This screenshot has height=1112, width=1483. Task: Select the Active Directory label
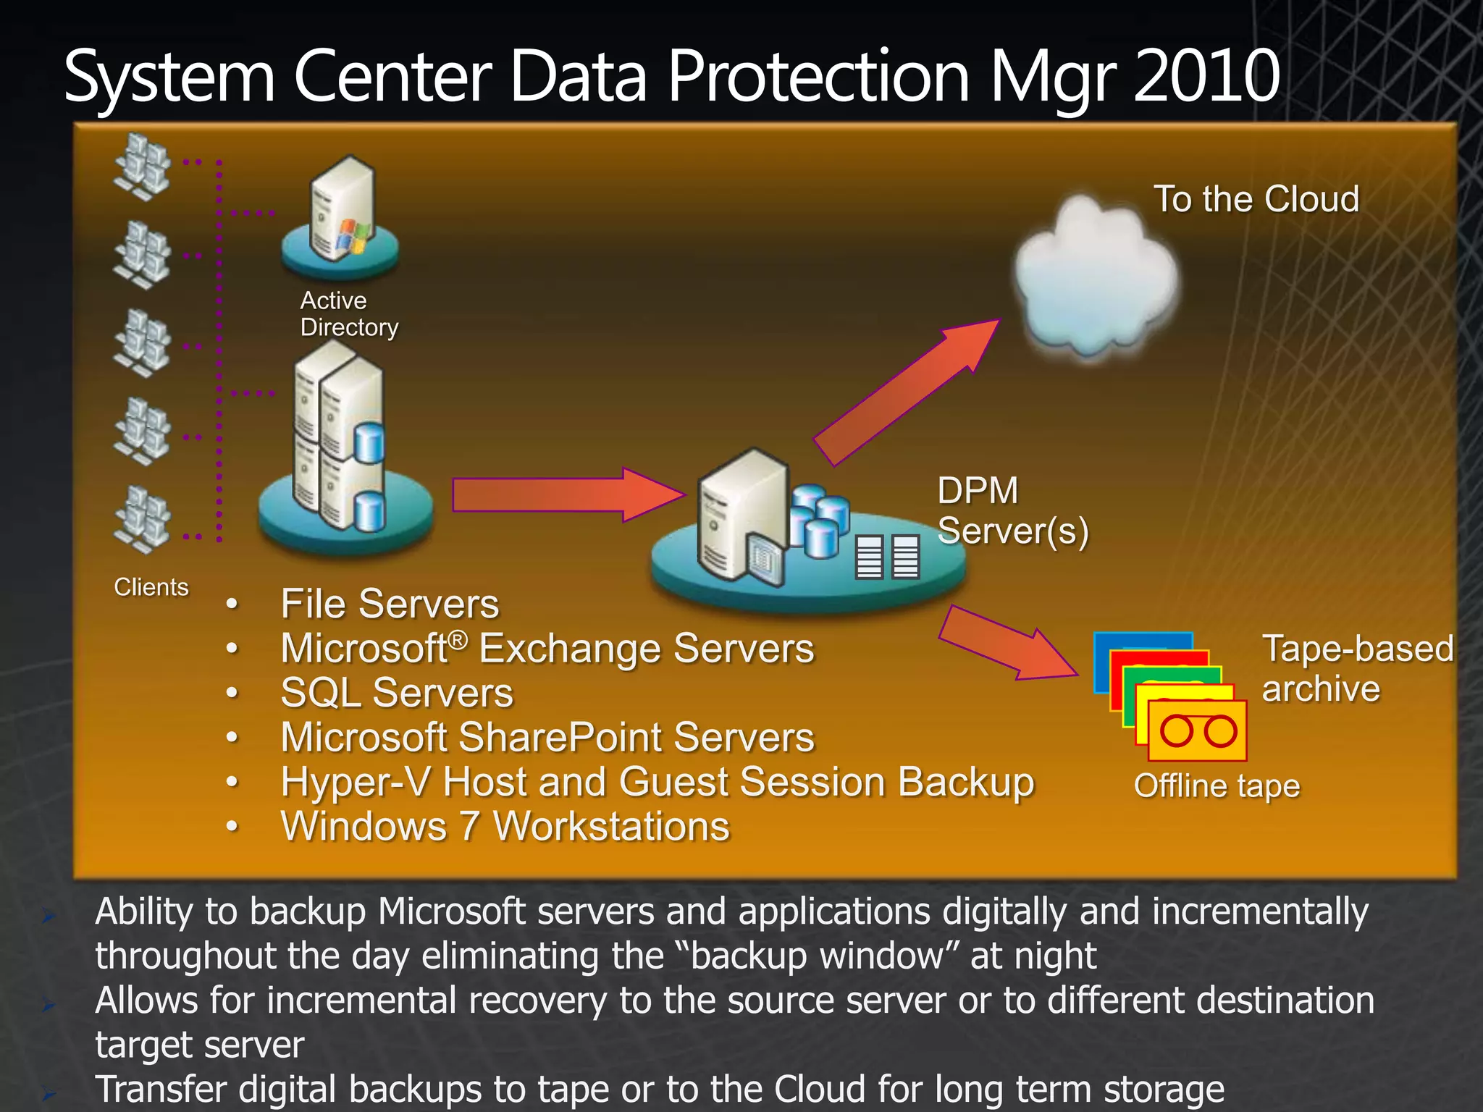[348, 314]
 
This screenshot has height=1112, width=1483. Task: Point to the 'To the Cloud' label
[1256, 199]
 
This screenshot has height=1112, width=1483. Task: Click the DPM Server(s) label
[1012, 511]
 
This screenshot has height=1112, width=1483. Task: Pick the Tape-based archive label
[1357, 668]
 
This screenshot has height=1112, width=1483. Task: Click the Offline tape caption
[1217, 786]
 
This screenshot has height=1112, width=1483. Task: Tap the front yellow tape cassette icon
[1198, 731]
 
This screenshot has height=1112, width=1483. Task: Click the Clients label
[151, 587]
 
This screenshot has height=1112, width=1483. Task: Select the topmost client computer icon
[142, 167]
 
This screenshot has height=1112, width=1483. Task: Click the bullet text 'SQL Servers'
[397, 693]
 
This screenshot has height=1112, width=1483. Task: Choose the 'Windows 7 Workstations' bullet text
[505, 827]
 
